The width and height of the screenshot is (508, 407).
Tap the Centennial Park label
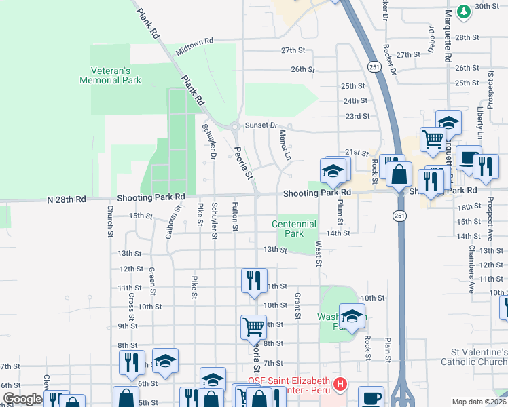tap(293, 229)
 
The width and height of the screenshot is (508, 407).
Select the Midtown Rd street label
tap(194, 46)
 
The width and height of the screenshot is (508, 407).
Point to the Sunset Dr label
tap(262, 125)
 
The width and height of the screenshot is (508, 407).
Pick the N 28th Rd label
tap(67, 200)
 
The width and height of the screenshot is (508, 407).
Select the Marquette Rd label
tap(448, 37)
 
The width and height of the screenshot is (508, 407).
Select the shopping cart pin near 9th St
tap(253, 326)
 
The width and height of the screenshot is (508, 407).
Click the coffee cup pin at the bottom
tap(371, 397)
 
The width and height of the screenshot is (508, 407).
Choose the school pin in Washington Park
tap(352, 317)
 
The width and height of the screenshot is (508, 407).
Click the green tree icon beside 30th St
tap(464, 11)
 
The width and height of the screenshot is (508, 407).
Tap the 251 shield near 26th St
tap(374, 67)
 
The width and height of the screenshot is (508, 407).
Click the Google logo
tap(22, 400)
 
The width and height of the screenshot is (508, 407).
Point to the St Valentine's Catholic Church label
tap(479, 358)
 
